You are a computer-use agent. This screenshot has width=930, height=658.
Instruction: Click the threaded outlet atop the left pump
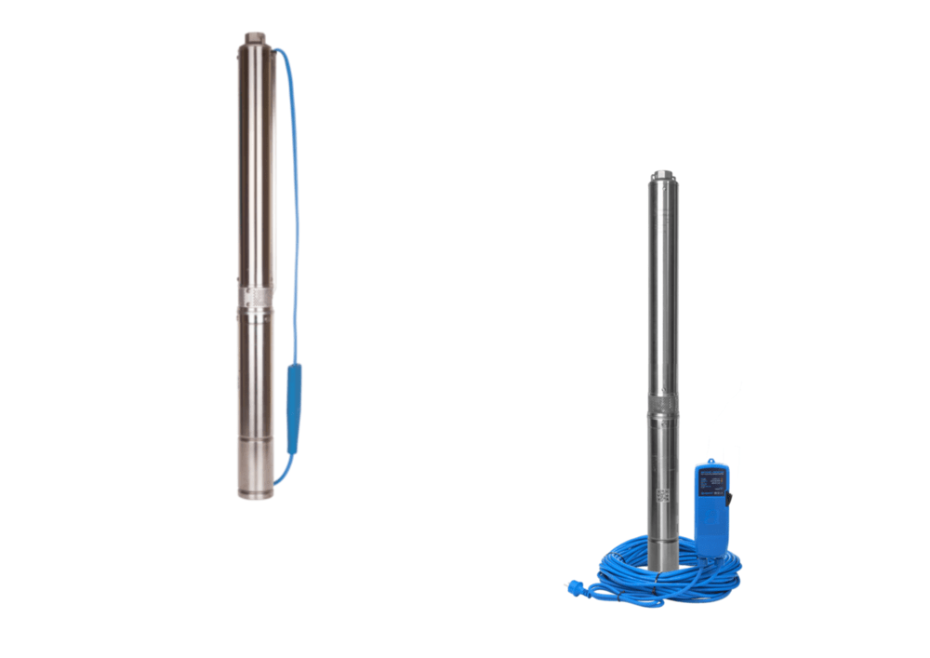point(256,39)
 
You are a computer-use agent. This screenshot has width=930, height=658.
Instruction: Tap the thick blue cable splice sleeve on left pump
point(294,410)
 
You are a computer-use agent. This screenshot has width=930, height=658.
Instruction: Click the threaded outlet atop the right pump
point(662,175)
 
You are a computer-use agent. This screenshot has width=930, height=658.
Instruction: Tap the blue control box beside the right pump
point(711,507)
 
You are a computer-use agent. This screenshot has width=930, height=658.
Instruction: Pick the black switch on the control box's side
point(729,500)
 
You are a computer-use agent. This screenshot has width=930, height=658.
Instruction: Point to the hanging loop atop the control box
point(711,461)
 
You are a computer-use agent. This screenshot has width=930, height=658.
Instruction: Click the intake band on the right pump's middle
point(663,406)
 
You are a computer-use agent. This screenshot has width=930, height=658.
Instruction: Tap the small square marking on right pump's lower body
point(662,494)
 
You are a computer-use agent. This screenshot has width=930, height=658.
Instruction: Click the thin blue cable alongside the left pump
point(297,205)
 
